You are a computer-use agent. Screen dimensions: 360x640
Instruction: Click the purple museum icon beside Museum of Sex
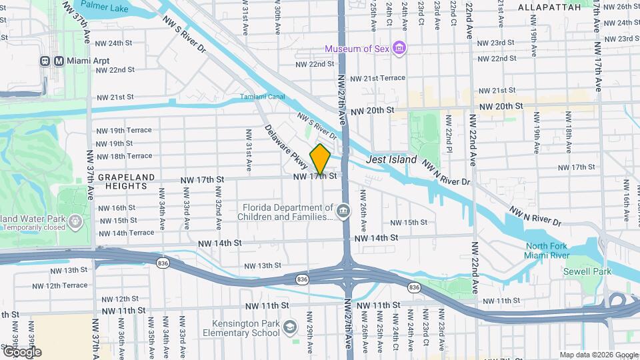[x=399, y=48]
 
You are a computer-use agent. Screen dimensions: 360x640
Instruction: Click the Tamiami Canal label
[x=263, y=97]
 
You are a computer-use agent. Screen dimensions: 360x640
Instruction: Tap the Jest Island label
[x=391, y=160]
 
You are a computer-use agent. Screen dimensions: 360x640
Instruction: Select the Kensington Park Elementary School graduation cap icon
[x=290, y=327]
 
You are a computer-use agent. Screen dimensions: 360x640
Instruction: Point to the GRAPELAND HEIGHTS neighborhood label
[x=127, y=182]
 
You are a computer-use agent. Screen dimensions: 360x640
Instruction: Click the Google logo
[x=21, y=351]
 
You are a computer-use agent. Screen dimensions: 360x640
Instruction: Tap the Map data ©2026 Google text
[x=598, y=355]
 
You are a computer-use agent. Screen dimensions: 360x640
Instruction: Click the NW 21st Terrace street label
[x=377, y=78]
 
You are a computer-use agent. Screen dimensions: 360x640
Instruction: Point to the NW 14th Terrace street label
[x=125, y=233]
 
